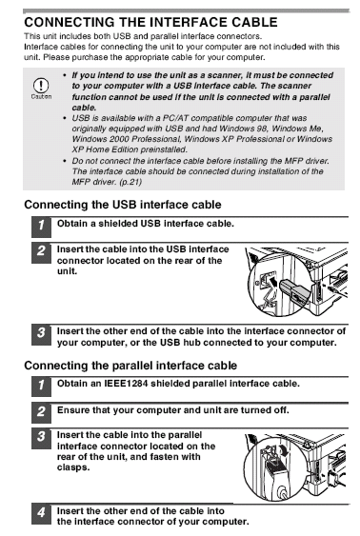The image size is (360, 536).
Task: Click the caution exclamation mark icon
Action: point(41,85)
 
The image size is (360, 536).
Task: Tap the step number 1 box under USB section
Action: point(41,226)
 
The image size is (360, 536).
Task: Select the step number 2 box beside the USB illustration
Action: point(41,252)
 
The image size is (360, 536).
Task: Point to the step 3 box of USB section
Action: point(41,334)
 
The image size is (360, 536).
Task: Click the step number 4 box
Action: point(41,514)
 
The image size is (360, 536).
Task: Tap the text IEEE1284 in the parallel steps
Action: point(126,384)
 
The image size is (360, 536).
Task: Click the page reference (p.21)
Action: point(130,182)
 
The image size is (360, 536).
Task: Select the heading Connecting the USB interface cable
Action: point(123,205)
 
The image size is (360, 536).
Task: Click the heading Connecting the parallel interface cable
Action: point(130,366)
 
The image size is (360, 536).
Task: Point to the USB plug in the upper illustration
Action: point(293,291)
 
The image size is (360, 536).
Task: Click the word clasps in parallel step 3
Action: point(73,467)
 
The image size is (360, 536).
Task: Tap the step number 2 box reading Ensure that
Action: point(41,412)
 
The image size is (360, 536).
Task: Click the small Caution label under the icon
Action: point(41,97)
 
